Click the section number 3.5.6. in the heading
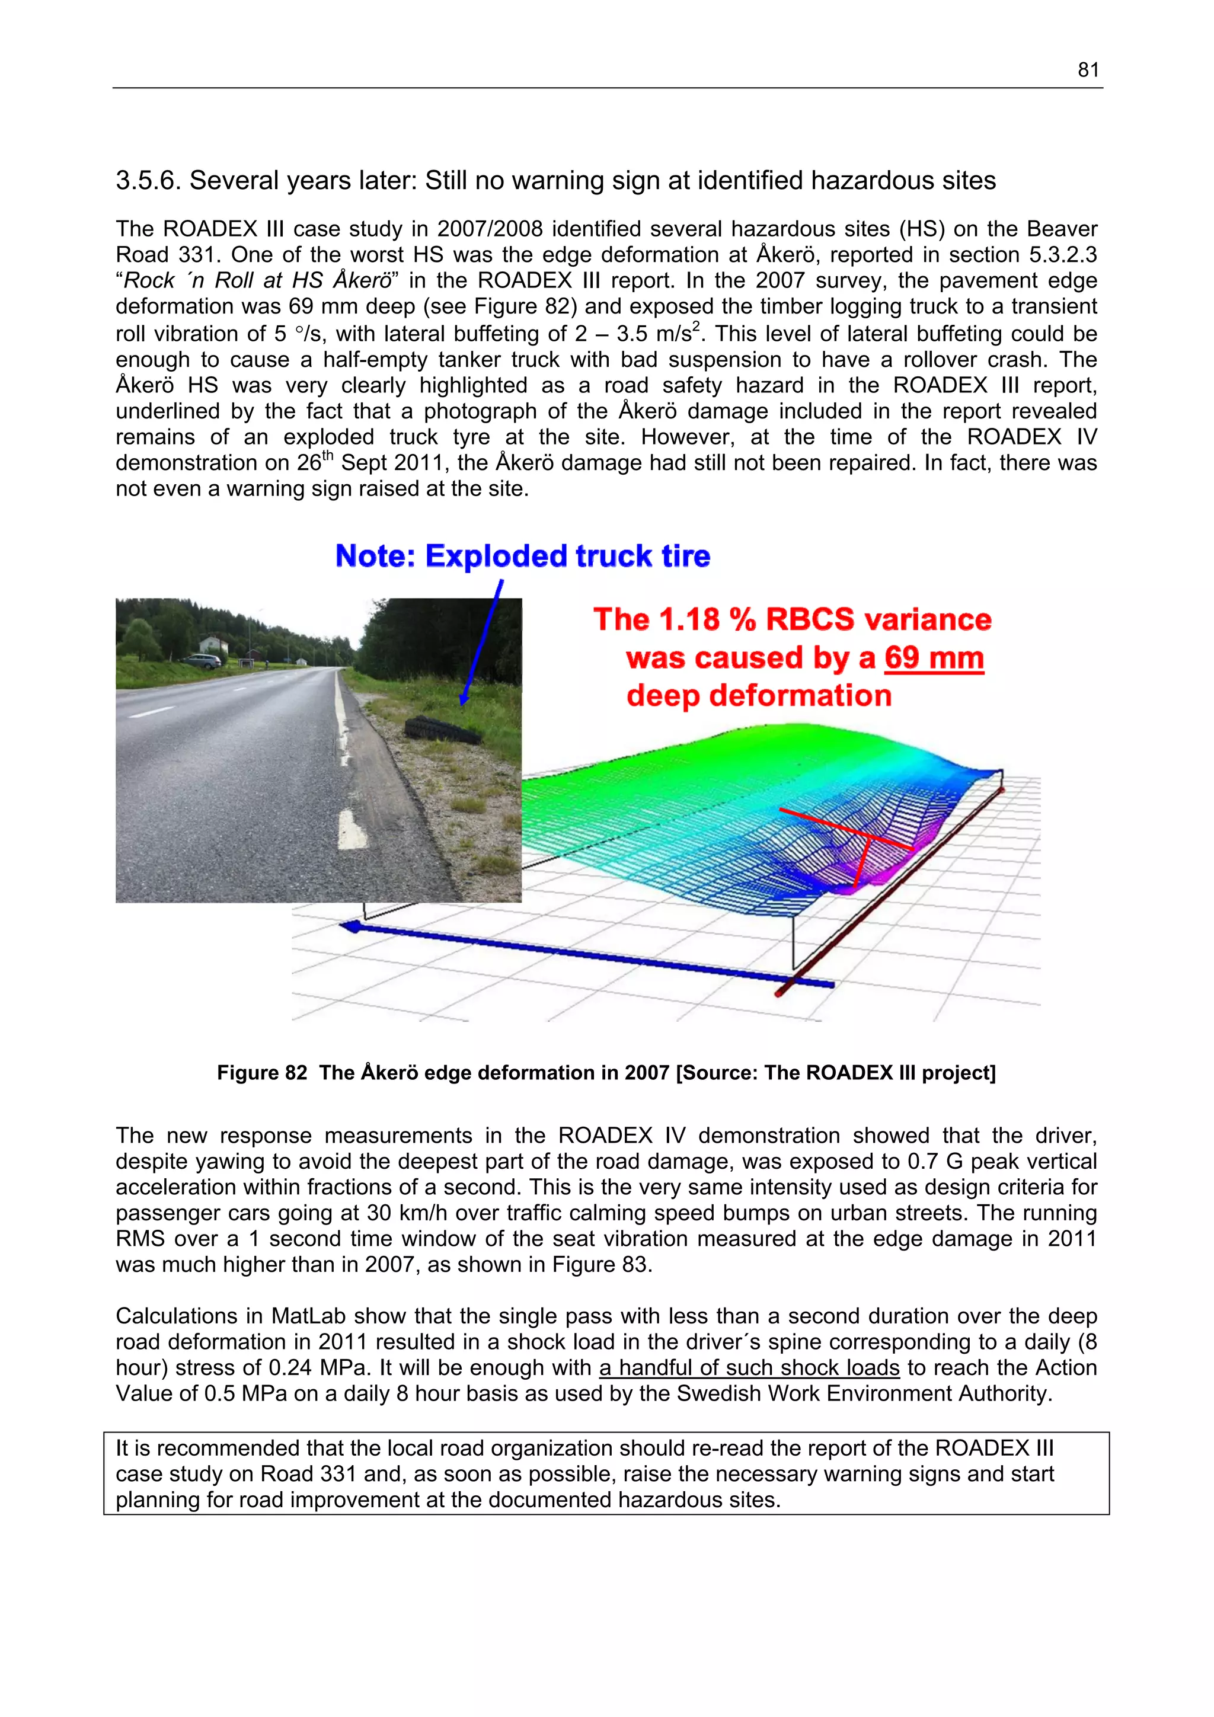[148, 181]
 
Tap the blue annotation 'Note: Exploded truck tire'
[522, 557]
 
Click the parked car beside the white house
[197, 661]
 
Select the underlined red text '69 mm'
[933, 658]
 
